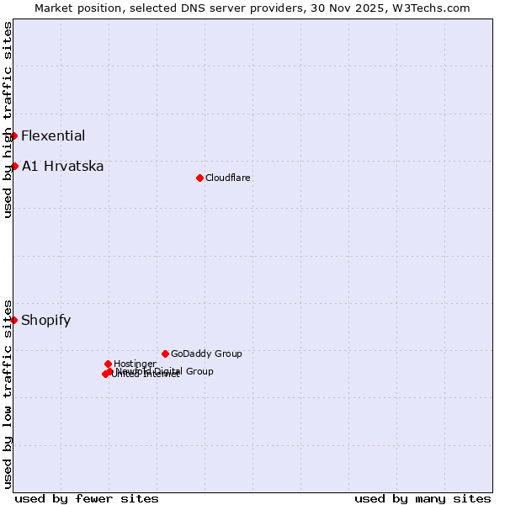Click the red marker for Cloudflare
click(199, 178)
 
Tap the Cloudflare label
click(228, 178)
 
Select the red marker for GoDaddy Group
click(165, 353)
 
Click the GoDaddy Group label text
click(206, 353)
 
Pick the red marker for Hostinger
click(108, 364)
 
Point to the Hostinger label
click(135, 364)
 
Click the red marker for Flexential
click(13, 136)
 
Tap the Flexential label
click(53, 136)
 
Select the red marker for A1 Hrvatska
click(13, 166)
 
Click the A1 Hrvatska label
click(63, 166)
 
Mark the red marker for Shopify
click(13, 320)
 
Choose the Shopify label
click(46, 320)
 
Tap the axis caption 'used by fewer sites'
click(87, 498)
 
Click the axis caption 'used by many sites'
click(423, 498)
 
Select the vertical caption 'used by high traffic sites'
click(8, 120)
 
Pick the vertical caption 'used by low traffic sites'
click(8, 393)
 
